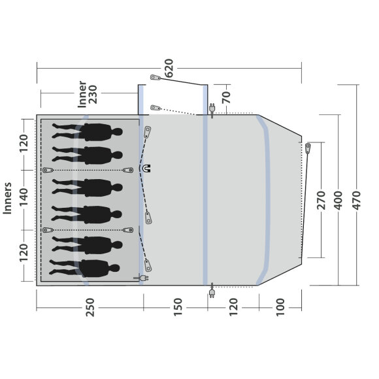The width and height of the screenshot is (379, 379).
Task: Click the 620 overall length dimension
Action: pos(169,68)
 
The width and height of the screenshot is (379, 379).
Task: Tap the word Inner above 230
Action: pos(82,94)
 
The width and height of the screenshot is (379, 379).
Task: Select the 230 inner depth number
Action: pos(93,94)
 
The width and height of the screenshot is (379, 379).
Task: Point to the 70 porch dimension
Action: pos(226,97)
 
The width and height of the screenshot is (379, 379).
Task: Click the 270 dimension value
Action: pos(321,200)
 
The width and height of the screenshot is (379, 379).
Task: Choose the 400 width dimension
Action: pos(338,200)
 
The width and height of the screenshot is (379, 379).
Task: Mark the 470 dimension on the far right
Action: pos(356,200)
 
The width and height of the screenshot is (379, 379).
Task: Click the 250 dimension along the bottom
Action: pos(90,308)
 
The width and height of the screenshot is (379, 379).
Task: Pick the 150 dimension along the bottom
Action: pos(178,308)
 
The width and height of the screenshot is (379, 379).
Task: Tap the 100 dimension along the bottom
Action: pos(280,308)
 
